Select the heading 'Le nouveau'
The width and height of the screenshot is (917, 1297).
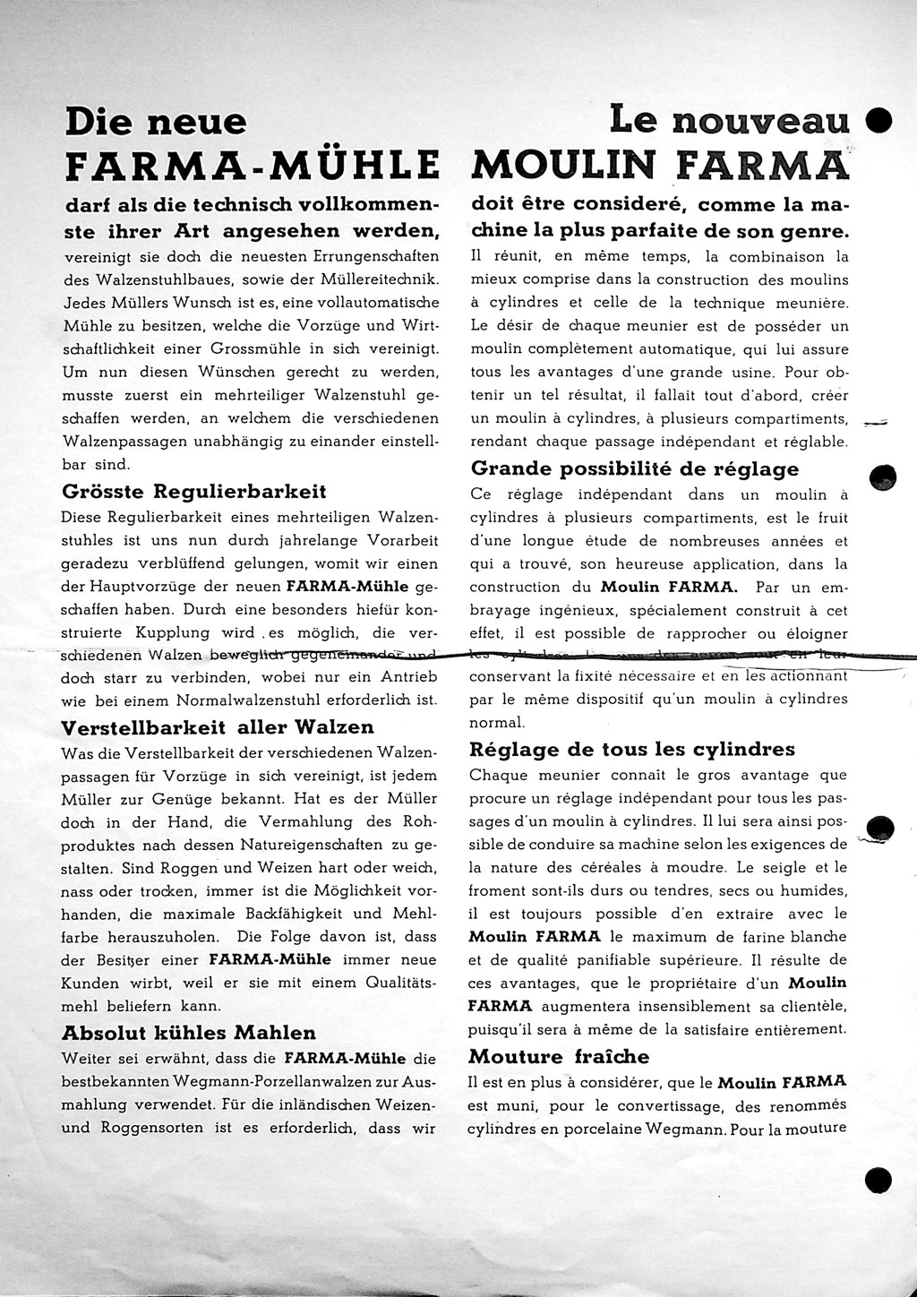coord(729,119)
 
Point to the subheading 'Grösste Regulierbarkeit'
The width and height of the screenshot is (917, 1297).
coord(194,491)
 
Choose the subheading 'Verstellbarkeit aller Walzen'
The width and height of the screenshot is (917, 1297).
coord(218,726)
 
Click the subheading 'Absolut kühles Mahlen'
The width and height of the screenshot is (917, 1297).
coord(188,1032)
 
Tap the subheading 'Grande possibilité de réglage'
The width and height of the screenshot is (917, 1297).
coord(635,468)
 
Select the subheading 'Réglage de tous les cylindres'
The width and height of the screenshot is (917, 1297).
coord(632,749)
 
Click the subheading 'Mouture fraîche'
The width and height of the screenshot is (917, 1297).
coord(560,1056)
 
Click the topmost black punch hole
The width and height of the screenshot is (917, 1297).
coord(880,121)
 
